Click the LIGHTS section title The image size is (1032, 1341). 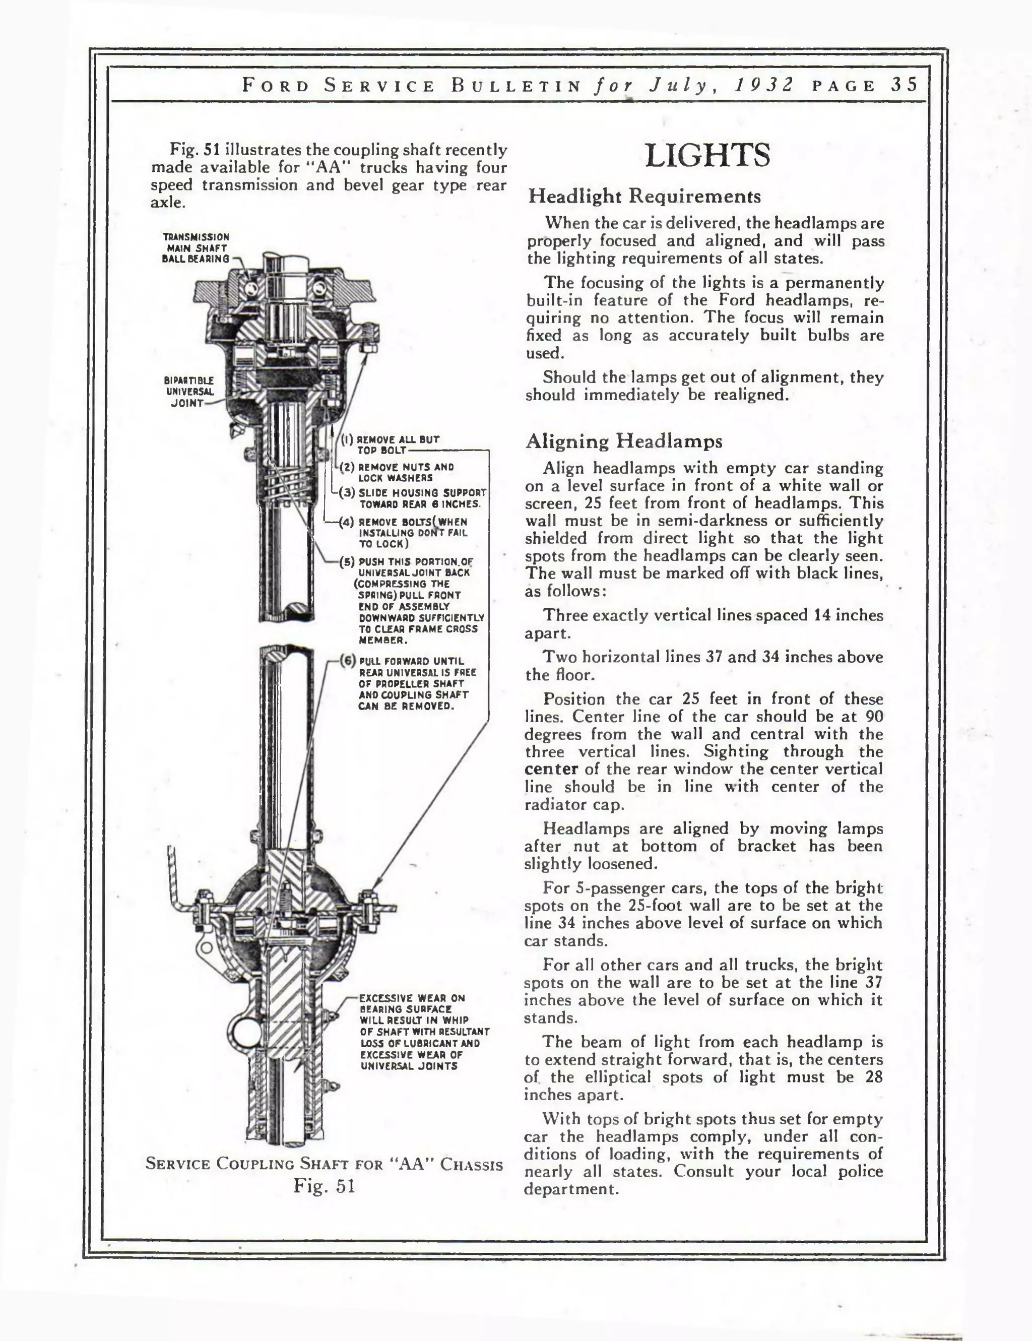(707, 155)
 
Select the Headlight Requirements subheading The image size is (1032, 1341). (644, 197)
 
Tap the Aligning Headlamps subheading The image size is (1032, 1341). (624, 441)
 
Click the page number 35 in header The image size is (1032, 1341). (905, 85)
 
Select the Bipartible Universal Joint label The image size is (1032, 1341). (188, 392)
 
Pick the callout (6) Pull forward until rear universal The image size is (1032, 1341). (348, 661)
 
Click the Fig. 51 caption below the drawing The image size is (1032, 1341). (324, 1185)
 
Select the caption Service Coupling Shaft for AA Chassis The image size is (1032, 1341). (324, 1164)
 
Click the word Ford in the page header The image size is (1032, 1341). (276, 85)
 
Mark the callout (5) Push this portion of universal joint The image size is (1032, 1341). (348, 562)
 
